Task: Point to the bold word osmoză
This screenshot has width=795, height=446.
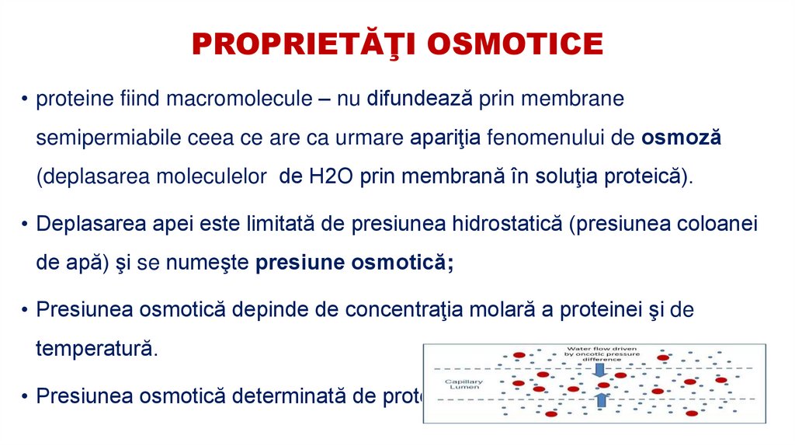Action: (682, 138)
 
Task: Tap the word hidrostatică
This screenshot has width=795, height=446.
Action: (502, 224)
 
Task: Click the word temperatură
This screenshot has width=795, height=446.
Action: (96, 348)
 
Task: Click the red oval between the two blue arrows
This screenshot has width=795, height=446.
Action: (603, 385)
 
